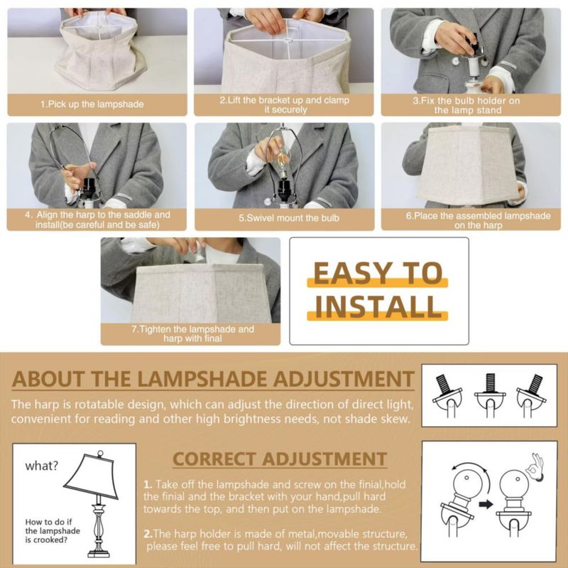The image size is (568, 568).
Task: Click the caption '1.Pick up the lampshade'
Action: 92,104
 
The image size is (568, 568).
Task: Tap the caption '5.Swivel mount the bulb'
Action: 289,218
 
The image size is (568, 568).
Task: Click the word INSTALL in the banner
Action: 378,307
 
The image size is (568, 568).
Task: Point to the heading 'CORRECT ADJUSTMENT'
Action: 280,459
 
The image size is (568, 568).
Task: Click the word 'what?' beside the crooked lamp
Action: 41,466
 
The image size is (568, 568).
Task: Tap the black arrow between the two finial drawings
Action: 486,504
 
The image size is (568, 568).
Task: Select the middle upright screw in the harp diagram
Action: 489,383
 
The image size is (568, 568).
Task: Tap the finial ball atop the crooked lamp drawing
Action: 100,454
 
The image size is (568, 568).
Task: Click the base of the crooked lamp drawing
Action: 98,553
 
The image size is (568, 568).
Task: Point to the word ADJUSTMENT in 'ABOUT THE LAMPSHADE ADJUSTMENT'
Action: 344,379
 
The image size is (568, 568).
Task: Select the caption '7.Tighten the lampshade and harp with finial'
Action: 192,334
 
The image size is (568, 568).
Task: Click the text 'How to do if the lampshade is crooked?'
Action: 53,530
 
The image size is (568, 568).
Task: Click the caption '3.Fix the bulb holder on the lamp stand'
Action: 467,105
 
